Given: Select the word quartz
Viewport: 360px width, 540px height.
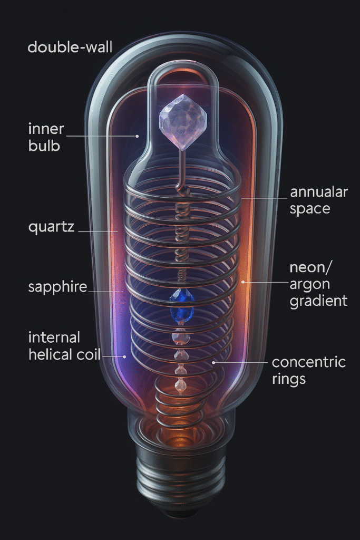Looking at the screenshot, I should (52, 228).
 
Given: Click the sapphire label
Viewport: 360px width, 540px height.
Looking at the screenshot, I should (57, 288).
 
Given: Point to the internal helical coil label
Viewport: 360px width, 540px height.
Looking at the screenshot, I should (64, 345).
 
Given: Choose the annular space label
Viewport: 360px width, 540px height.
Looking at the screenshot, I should (319, 200).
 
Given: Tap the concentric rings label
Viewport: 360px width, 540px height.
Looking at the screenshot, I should (308, 371).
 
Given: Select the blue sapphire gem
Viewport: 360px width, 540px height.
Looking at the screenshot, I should (181, 306).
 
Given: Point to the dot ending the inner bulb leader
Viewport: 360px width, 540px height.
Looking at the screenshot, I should (137, 136).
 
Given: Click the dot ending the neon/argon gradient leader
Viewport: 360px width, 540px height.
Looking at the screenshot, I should (243, 282).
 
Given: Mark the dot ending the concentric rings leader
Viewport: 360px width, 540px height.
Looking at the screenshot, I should (213, 363).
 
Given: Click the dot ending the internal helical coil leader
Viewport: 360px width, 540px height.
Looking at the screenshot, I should (124, 356).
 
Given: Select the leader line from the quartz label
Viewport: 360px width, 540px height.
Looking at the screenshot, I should (98, 231).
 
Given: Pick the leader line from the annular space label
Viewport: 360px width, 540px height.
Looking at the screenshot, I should (264, 198).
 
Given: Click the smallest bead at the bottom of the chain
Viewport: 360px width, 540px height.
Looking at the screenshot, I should (181, 388).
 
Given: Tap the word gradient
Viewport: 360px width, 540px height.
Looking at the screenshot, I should (318, 301).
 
